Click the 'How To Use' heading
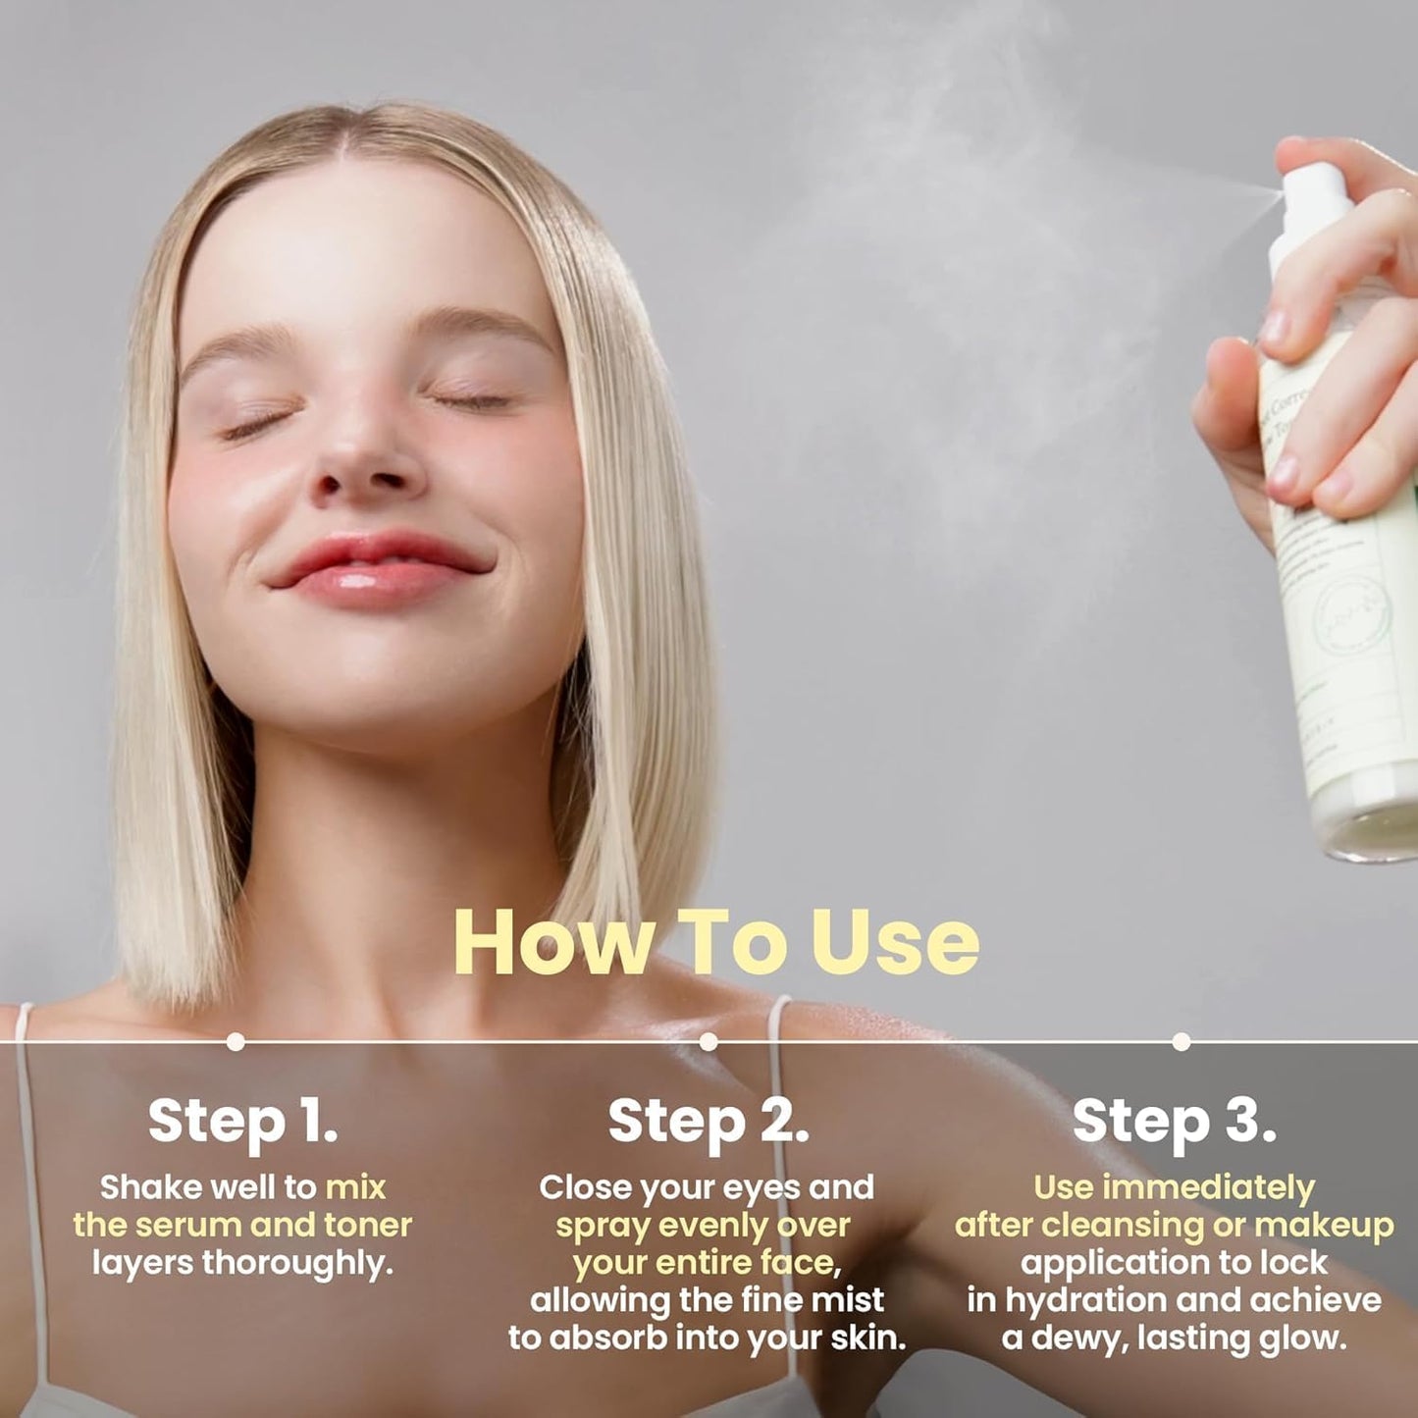coord(716,943)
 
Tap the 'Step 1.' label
coord(242,1122)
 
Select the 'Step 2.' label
coord(709,1122)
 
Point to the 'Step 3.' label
coord(1174,1122)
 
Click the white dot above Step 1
coord(236,1041)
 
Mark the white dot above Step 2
coord(709,1041)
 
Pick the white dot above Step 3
coord(1182,1041)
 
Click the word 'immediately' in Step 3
coord(1208,1187)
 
